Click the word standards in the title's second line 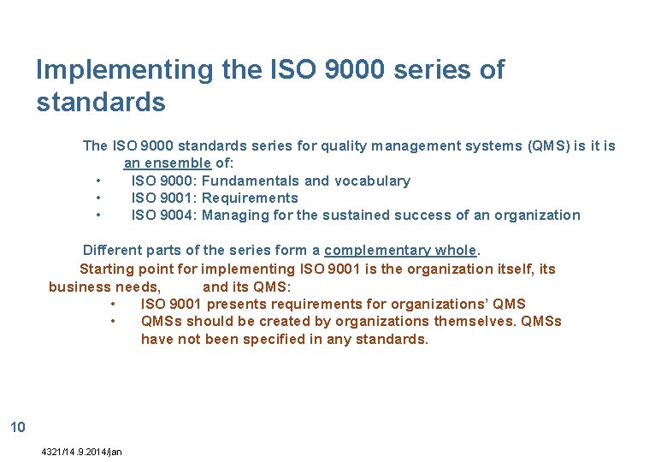click(x=101, y=103)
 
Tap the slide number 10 click(x=17, y=427)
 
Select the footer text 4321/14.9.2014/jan click(x=81, y=452)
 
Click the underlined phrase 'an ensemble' click(x=167, y=163)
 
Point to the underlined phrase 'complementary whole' click(x=400, y=251)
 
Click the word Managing click(x=235, y=215)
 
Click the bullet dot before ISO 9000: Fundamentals click(x=100, y=181)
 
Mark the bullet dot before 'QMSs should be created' click(x=113, y=322)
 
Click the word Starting click(x=108, y=269)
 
